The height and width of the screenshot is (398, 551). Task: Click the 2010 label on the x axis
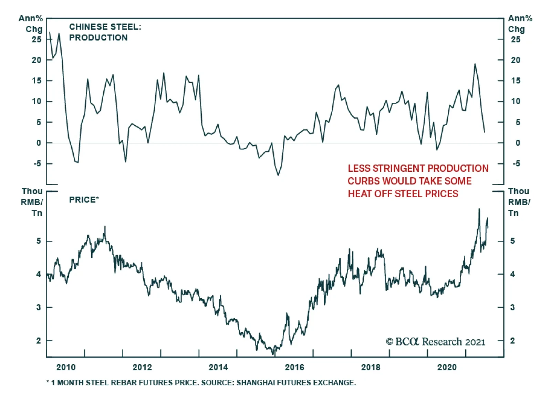66,367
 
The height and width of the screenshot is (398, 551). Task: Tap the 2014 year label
218,367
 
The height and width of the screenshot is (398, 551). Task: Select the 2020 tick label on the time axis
447,367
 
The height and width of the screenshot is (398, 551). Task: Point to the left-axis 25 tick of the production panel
37,40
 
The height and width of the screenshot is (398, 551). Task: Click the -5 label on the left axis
37,163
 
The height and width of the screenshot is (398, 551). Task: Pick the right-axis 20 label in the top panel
516,60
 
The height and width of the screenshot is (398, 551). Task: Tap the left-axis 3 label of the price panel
39,307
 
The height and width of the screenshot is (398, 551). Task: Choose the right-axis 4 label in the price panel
512,274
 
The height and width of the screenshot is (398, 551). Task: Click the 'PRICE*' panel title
84,200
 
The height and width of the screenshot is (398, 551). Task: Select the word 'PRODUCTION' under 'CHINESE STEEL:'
98,38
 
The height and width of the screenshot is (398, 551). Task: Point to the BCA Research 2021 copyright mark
435,342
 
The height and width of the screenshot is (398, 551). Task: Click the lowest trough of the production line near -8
278,175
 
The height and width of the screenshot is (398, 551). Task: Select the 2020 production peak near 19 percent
475,64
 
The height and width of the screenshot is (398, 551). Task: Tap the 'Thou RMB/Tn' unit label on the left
32,202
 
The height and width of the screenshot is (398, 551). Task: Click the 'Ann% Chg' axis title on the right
520,24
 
